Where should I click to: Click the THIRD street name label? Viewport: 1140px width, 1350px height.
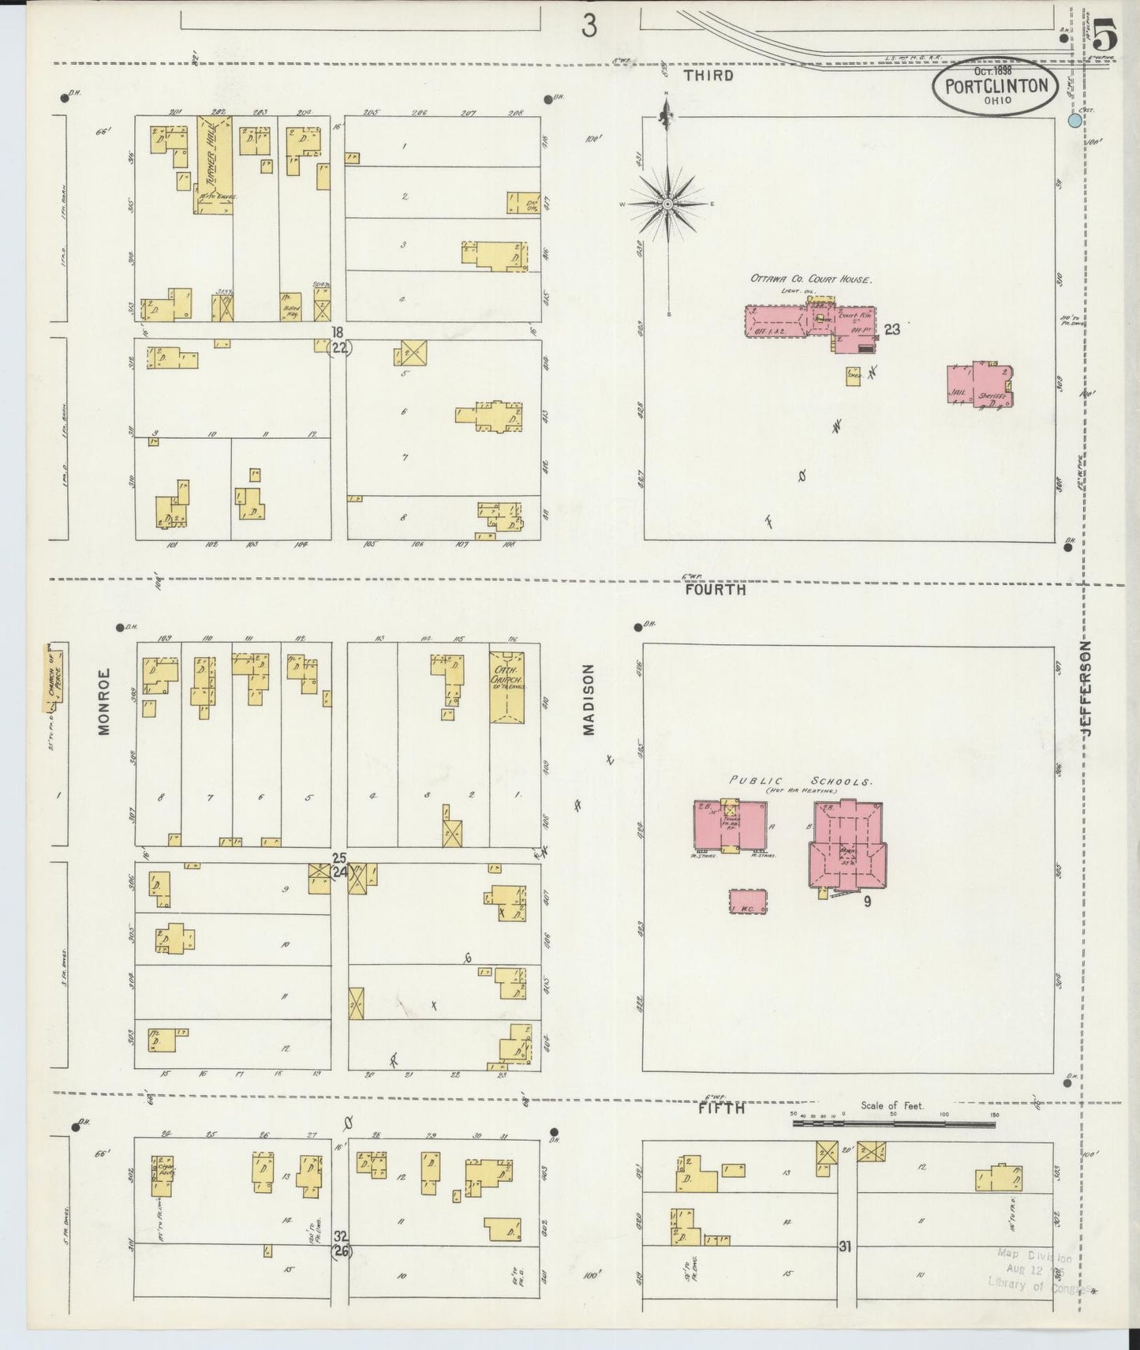(708, 76)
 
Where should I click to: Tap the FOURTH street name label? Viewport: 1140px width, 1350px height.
(715, 589)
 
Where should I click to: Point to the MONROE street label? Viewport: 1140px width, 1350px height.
(104, 703)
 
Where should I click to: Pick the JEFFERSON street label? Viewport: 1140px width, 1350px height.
(1087, 688)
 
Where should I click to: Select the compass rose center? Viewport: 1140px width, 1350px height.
(668, 204)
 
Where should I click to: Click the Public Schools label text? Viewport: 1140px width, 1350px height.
(800, 782)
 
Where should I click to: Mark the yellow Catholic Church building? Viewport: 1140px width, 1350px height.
(506, 686)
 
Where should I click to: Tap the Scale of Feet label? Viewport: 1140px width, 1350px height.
(892, 1105)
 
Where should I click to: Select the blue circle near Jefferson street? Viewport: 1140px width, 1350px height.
(1073, 121)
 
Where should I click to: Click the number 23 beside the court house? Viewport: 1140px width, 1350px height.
(891, 329)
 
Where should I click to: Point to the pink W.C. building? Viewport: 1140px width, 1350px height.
(748, 902)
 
